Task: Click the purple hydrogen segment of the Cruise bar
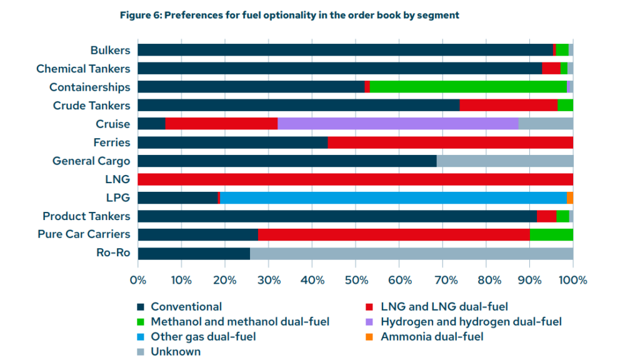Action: click(x=397, y=124)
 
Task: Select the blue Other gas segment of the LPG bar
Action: click(x=393, y=197)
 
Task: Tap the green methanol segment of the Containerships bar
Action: click(x=468, y=87)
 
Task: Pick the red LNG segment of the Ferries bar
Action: click(x=450, y=142)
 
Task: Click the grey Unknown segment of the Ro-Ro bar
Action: click(x=411, y=253)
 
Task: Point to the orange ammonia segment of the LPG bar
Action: click(x=570, y=197)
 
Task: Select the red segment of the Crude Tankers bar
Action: click(x=508, y=106)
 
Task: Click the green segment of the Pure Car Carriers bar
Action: click(x=551, y=234)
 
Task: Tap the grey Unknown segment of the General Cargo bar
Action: click(x=504, y=161)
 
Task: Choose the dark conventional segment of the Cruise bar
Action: click(x=151, y=124)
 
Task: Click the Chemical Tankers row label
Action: click(x=83, y=69)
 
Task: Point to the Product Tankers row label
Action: click(x=86, y=216)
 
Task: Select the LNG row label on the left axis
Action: click(x=118, y=179)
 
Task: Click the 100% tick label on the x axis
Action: click(x=573, y=279)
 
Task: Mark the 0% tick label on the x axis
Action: click(x=137, y=279)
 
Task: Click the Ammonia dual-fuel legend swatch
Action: click(x=369, y=337)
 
